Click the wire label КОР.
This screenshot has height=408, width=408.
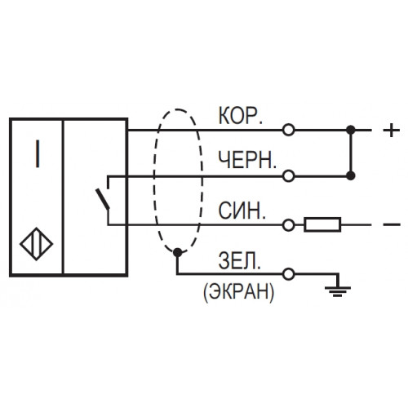pos(241,116)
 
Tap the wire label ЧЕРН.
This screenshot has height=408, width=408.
pos(247,160)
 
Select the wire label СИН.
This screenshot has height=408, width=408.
pos(242,211)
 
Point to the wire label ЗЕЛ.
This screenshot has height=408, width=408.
pos(239,260)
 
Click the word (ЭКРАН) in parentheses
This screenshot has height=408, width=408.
pos(238,291)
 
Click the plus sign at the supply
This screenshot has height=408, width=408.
pos(392,131)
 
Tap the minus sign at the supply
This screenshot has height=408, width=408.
pos(392,224)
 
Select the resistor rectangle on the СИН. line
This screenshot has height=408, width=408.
pos(322,224)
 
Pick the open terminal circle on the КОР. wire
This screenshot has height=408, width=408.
pos(288,130)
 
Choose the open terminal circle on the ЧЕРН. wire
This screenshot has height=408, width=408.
pos(288,176)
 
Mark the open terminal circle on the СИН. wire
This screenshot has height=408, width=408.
pos(288,225)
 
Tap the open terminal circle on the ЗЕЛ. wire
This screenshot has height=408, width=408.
pos(288,274)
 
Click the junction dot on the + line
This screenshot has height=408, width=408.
pos(351,130)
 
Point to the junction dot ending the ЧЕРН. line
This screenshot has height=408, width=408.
pos(351,176)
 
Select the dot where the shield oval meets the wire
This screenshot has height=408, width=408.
pos(178,253)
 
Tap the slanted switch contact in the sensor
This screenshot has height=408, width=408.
pos(103,199)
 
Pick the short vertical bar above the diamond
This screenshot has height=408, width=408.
pos(38,153)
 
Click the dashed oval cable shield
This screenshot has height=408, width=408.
pos(154,180)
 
